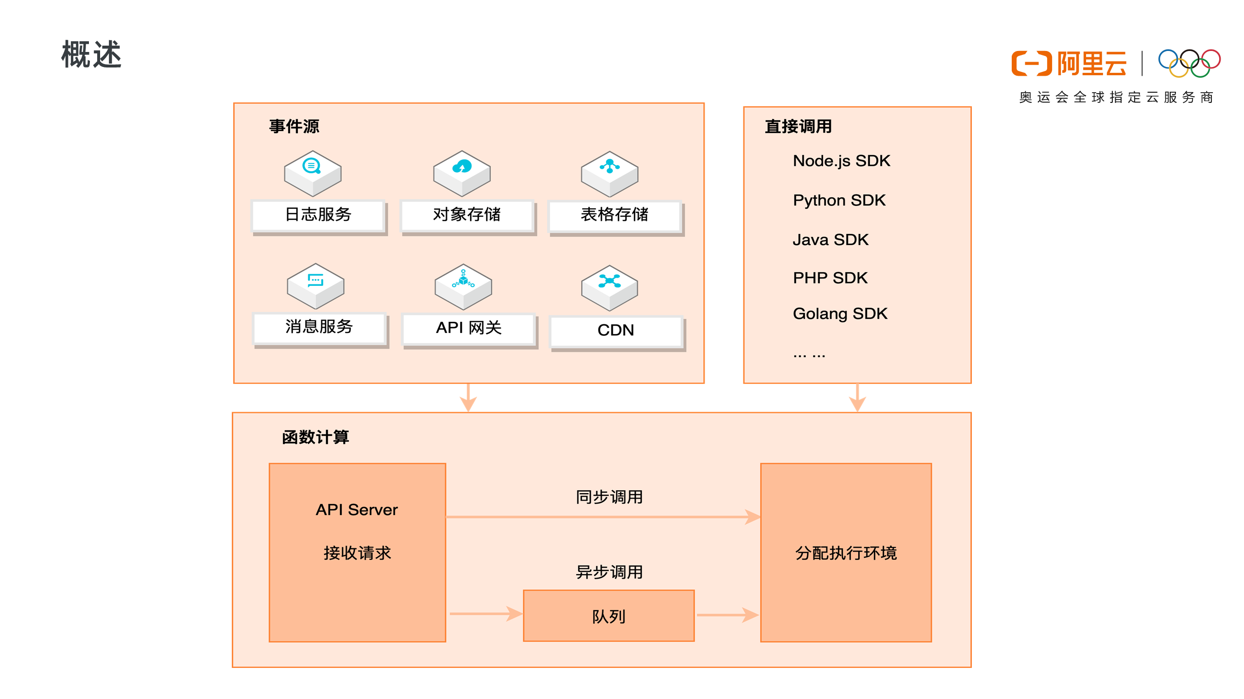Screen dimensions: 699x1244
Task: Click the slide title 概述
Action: click(91, 54)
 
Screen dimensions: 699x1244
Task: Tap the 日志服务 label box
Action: click(318, 215)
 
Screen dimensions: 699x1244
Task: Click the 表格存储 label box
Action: click(615, 215)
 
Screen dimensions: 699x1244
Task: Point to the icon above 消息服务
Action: click(315, 286)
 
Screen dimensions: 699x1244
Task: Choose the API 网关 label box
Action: click(469, 329)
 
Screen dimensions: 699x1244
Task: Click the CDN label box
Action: click(616, 331)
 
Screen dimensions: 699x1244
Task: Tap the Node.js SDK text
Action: click(841, 161)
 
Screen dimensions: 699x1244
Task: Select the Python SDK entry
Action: click(839, 200)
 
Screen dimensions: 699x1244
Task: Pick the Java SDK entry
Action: click(830, 240)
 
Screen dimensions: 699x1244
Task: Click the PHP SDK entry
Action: click(830, 278)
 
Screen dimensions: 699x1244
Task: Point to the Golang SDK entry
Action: click(840, 314)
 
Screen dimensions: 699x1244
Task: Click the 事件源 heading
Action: click(294, 127)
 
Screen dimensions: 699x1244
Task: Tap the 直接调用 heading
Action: click(798, 127)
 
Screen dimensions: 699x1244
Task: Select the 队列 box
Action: click(608, 616)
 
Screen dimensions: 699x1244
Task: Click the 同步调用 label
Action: click(609, 497)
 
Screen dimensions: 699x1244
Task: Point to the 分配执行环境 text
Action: click(846, 553)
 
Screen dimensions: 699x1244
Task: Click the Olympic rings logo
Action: click(1189, 63)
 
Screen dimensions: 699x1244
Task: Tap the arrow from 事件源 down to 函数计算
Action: click(468, 398)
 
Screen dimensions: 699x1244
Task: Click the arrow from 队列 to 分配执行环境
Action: click(727, 615)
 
